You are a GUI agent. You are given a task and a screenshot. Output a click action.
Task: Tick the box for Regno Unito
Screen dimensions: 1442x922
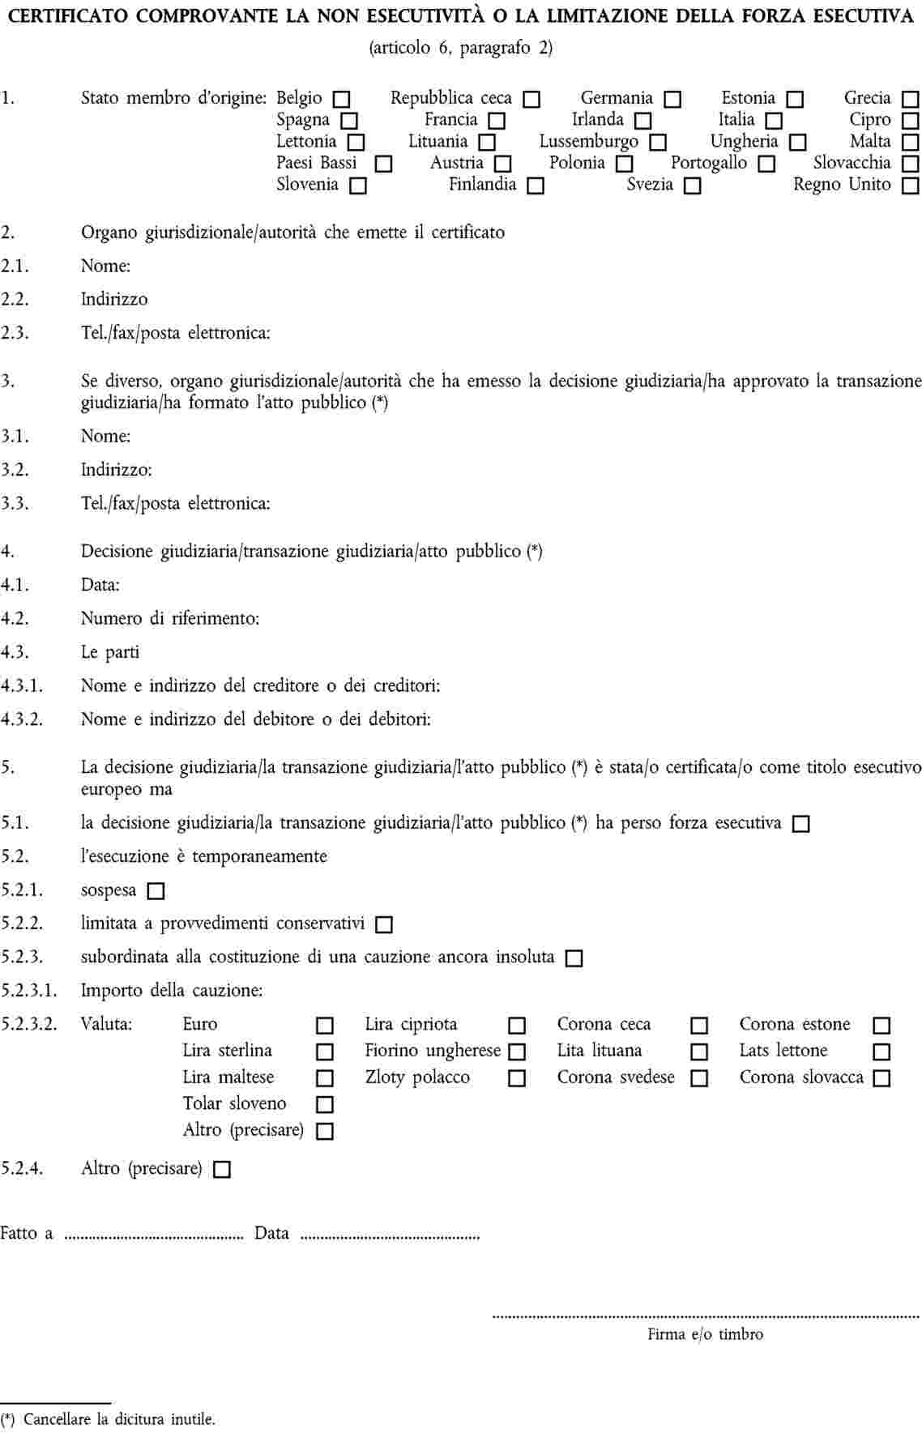click(911, 186)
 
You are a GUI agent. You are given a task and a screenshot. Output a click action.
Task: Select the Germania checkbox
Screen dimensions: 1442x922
click(672, 100)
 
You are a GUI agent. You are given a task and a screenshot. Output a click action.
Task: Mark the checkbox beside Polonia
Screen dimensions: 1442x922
click(625, 164)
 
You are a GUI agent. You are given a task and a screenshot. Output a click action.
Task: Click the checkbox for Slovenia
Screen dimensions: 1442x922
click(358, 186)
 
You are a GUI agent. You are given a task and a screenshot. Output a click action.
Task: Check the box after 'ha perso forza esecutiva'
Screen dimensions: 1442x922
click(801, 825)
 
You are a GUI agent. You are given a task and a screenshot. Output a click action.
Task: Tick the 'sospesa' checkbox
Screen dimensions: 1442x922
click(156, 891)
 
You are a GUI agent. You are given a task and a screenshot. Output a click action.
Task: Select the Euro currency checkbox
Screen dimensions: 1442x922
click(324, 1026)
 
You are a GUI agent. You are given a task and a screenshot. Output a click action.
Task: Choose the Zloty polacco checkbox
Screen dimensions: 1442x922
click(517, 1079)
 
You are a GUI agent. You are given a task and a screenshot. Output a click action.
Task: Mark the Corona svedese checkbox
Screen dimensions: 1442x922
click(699, 1079)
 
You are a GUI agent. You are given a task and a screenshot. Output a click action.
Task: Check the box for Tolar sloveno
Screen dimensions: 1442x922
click(324, 1105)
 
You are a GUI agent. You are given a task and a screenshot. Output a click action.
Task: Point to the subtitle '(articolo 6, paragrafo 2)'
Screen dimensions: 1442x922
click(460, 48)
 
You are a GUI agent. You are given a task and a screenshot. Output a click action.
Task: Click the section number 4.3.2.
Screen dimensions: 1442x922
click(22, 719)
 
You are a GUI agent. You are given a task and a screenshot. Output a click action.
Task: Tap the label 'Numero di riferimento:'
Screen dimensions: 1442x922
click(170, 619)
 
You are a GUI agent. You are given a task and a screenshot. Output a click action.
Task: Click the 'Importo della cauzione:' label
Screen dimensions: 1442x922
click(172, 991)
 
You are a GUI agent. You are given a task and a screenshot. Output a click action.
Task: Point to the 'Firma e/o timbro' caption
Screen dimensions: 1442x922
click(705, 1334)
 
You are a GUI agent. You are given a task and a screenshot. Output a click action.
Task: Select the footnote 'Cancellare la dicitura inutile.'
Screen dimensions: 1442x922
click(119, 1419)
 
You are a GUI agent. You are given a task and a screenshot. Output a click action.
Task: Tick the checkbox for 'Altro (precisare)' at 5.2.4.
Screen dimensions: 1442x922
click(222, 1170)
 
